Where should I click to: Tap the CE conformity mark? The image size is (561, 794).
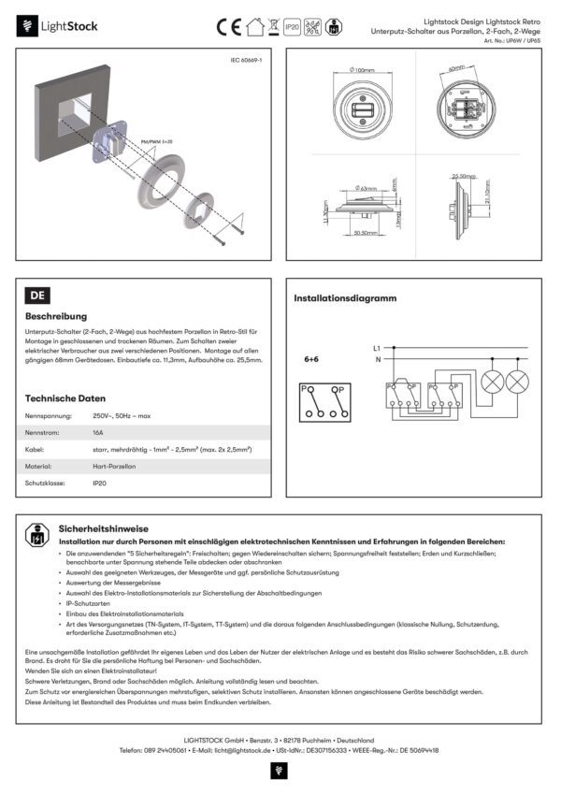[x=228, y=26]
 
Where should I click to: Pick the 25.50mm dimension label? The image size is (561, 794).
[x=463, y=175]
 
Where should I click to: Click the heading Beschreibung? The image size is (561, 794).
[x=56, y=317]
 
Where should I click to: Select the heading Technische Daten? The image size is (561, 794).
[x=65, y=397]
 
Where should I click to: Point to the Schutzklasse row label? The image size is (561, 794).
[x=44, y=483]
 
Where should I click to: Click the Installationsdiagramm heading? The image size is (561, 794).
[x=345, y=298]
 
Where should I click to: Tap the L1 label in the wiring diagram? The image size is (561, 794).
[x=377, y=347]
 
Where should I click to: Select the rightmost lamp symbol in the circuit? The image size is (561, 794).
[x=517, y=381]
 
